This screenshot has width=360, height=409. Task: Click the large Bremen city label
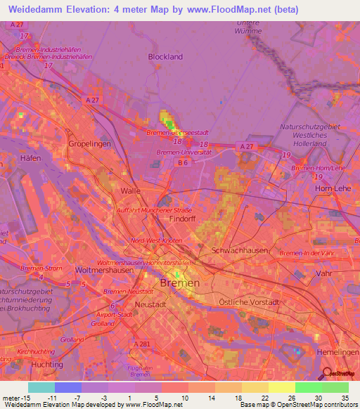coord(180,283)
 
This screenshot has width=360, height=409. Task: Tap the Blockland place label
coord(165,57)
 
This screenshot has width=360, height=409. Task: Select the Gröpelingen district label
coord(87,143)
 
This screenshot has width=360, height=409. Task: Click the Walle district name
coord(131,190)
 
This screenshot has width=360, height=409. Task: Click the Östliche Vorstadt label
coord(249,301)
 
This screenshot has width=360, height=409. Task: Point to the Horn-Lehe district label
coord(332,189)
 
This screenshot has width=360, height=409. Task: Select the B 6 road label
coord(184,163)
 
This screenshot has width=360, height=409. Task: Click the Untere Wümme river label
coord(250,27)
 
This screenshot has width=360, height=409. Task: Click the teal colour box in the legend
coord(41,387)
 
